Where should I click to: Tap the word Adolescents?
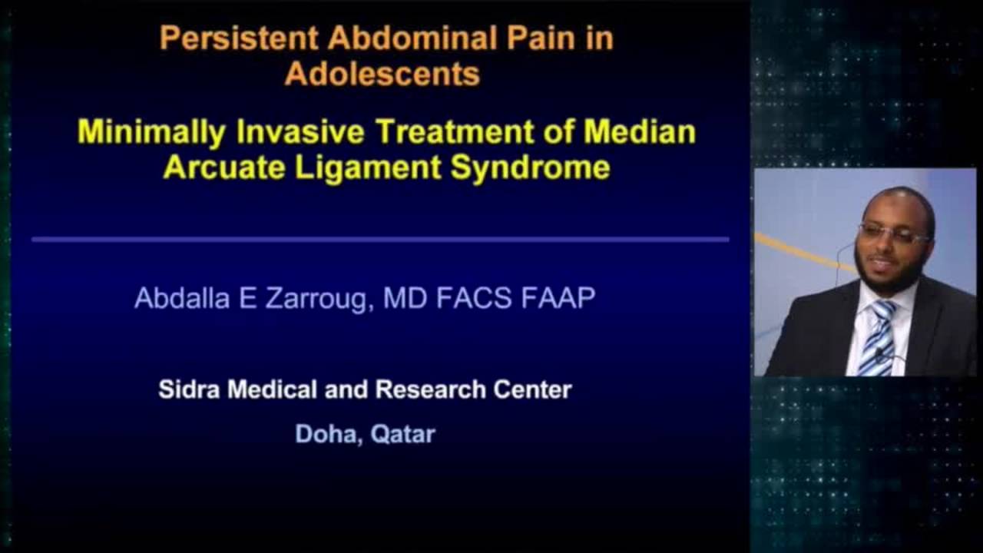click(382, 75)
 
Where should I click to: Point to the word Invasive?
click(300, 132)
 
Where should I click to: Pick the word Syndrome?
click(531, 167)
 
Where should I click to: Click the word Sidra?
click(188, 389)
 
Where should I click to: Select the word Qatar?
click(402, 434)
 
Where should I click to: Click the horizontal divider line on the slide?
click(380, 240)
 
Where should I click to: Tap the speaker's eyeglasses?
click(892, 233)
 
